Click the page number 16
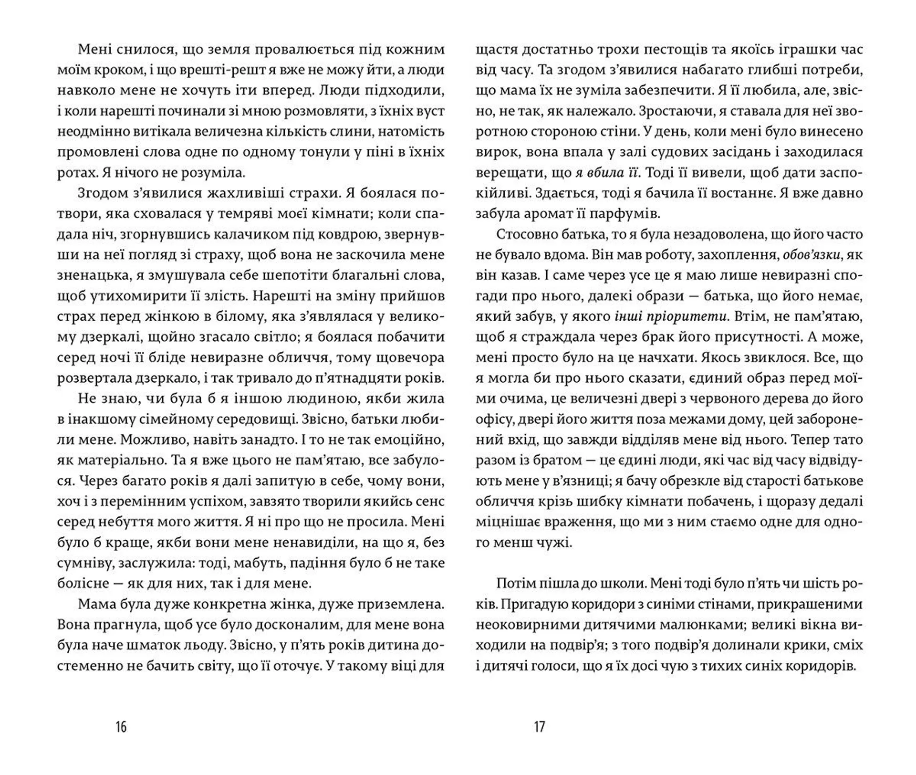pos(121,727)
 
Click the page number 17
pos(539,727)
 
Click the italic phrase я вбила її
pos(606,173)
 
